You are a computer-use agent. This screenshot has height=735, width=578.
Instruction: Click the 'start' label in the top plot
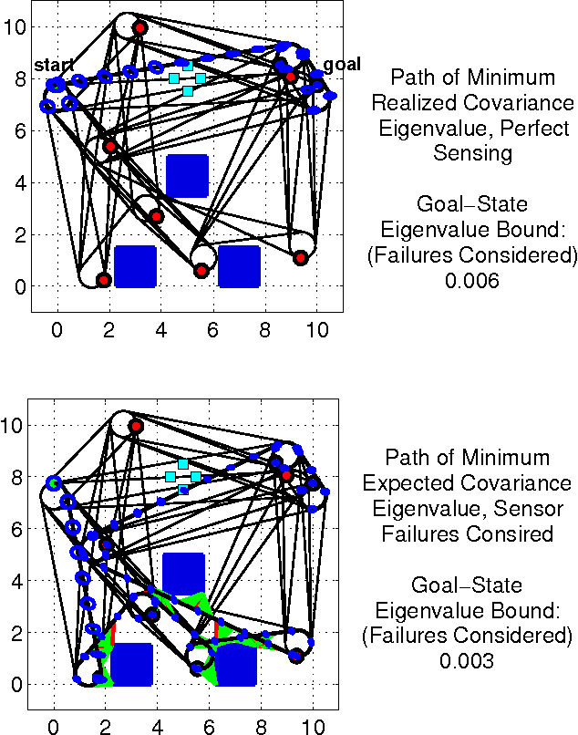[x=54, y=66]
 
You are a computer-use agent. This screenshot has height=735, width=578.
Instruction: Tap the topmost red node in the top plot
[x=139, y=27]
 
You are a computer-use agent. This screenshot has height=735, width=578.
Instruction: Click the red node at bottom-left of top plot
[x=104, y=279]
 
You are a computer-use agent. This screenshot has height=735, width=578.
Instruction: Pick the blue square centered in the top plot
[x=187, y=176]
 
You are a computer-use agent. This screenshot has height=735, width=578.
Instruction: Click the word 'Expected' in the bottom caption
[x=409, y=483]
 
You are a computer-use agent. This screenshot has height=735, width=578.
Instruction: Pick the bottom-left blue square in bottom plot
[x=131, y=664]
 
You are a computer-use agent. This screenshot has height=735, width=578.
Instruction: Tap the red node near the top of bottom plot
[x=136, y=426]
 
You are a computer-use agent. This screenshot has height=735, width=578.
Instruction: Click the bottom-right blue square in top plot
[x=240, y=266]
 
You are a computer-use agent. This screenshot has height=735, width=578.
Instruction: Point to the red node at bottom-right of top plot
[x=300, y=258]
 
